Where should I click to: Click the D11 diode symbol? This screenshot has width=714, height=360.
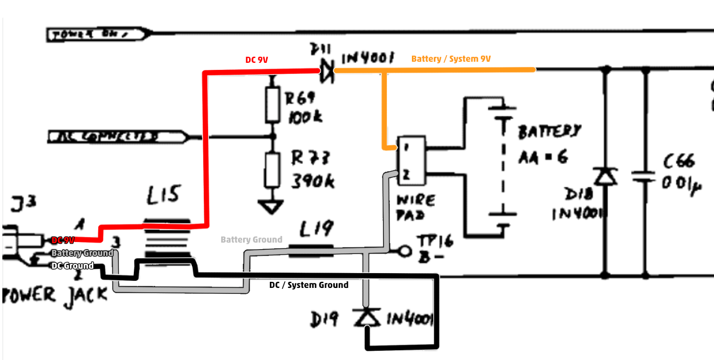click(x=327, y=71)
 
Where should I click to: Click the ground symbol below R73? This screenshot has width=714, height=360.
click(x=272, y=207)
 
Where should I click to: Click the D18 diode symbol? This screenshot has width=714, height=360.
click(x=605, y=176)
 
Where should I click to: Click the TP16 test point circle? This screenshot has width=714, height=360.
click(x=405, y=251)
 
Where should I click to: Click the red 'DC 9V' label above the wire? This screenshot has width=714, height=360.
click(x=256, y=60)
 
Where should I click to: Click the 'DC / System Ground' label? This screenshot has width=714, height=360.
click(x=309, y=285)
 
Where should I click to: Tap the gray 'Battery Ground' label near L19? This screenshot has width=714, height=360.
click(x=251, y=239)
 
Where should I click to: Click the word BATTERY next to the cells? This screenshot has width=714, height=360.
click(x=549, y=132)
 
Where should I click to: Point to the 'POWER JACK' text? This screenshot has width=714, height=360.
click(x=55, y=295)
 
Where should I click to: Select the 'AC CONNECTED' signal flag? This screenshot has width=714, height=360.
click(x=117, y=136)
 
